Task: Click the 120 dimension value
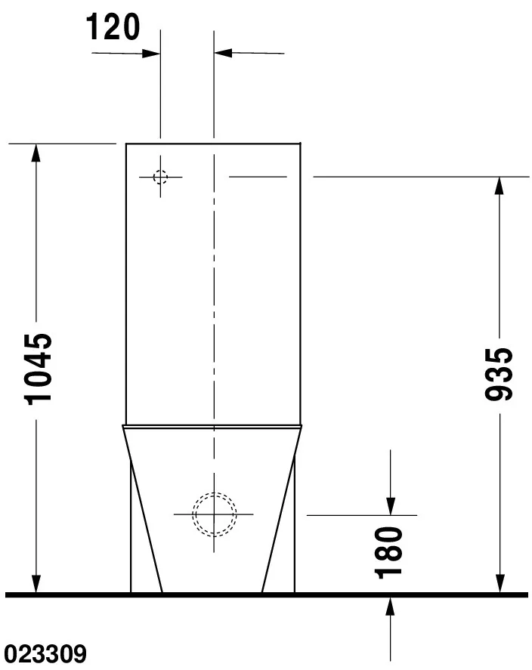click(113, 27)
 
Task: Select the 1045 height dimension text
click(39, 369)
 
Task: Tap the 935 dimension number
click(499, 375)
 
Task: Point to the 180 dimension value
click(388, 553)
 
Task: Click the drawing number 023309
click(45, 654)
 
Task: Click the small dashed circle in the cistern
click(161, 177)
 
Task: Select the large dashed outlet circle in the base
click(214, 514)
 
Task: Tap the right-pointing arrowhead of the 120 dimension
click(151, 54)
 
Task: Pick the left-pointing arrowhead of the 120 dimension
click(223, 53)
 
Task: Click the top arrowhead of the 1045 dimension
click(36, 153)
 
